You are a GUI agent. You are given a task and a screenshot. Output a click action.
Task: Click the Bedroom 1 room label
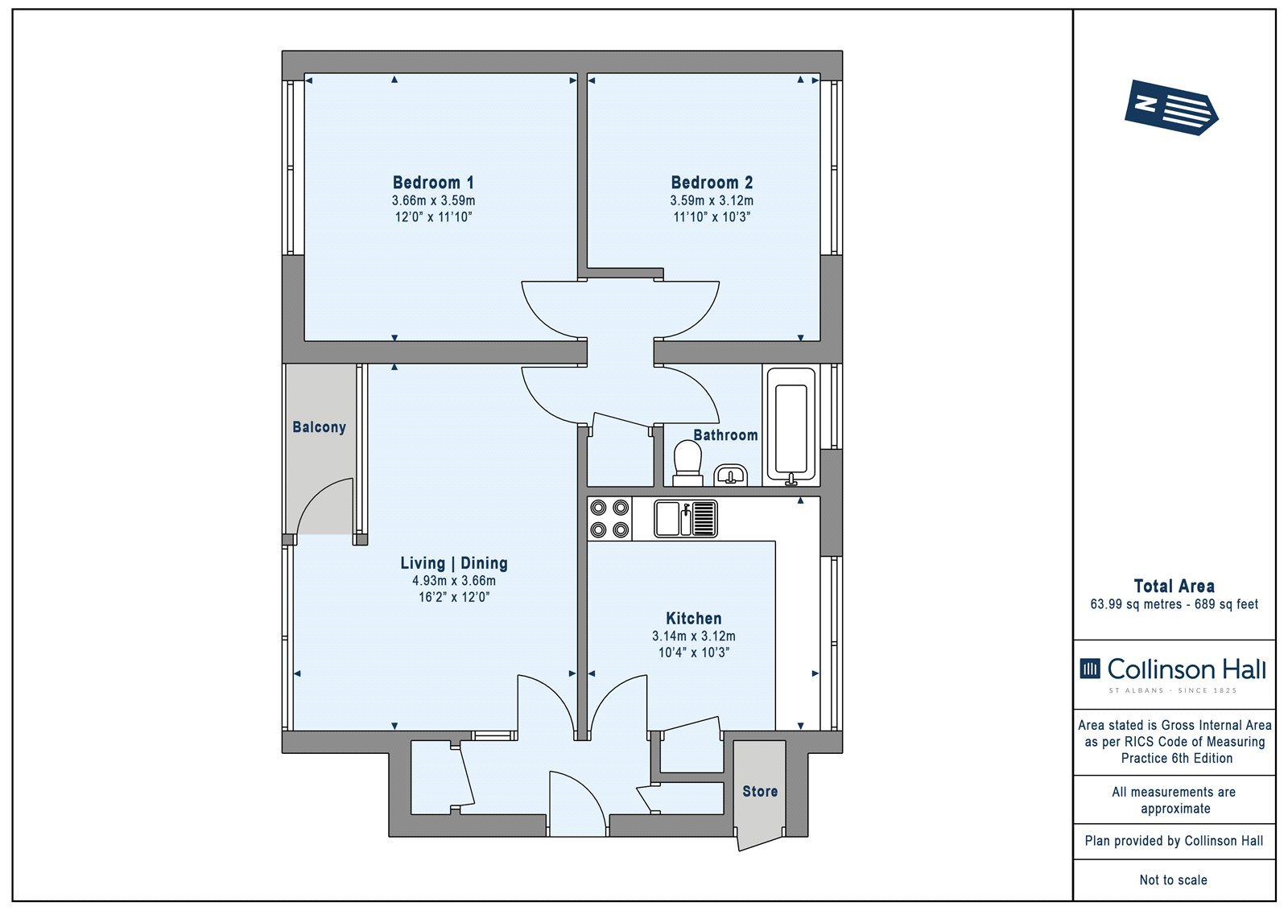click(433, 183)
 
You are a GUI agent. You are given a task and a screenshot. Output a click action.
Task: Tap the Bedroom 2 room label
click(712, 183)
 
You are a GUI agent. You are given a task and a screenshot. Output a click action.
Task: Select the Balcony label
click(319, 427)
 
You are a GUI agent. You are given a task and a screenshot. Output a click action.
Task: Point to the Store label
click(760, 792)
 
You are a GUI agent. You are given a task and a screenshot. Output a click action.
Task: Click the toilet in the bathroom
click(687, 463)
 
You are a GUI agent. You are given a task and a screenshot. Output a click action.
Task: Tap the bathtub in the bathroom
click(791, 426)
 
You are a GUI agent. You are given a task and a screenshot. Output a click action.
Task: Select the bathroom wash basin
click(730, 476)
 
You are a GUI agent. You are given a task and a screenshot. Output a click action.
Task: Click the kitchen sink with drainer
click(685, 518)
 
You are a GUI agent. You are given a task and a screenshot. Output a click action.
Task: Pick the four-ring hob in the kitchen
click(609, 518)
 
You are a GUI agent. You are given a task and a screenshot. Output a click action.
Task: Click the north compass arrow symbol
click(1171, 108)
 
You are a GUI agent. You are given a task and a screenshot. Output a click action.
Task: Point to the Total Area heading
click(1174, 587)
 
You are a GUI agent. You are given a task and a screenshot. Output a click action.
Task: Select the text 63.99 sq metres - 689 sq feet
click(1174, 604)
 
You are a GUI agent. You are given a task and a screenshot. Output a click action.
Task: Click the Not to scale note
click(1173, 880)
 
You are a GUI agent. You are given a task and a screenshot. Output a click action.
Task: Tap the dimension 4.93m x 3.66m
click(454, 581)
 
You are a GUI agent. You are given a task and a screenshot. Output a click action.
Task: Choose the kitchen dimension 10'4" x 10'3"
click(693, 653)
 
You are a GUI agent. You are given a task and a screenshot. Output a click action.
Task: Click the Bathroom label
click(725, 435)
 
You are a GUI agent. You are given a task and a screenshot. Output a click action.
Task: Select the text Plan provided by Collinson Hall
click(1174, 841)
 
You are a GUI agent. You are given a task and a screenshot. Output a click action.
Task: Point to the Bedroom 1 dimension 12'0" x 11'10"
click(433, 216)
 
